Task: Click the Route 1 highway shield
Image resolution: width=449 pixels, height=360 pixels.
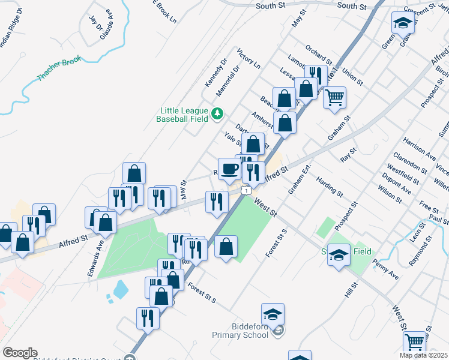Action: (x=246, y=190)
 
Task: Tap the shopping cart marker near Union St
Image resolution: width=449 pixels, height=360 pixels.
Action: (x=334, y=97)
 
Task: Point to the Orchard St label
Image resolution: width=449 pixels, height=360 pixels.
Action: (x=318, y=53)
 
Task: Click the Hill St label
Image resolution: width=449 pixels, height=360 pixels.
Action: (x=351, y=292)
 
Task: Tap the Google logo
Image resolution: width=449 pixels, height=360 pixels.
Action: (x=20, y=353)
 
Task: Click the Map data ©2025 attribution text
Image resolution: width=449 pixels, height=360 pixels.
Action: (x=424, y=355)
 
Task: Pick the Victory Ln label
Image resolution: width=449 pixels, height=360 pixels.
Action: (x=249, y=58)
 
